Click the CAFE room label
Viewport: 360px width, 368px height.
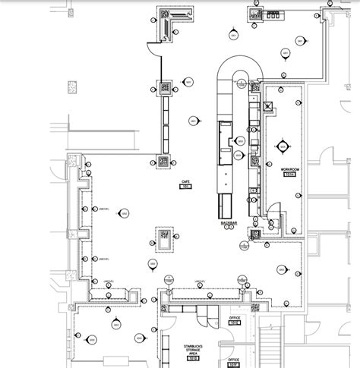(x=185, y=181)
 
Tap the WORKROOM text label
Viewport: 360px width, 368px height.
(x=288, y=169)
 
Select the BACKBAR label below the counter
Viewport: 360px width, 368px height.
(x=230, y=223)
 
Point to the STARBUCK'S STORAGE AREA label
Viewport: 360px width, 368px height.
(x=194, y=349)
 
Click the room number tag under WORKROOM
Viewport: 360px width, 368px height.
(x=289, y=175)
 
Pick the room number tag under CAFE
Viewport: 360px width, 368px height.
(x=185, y=187)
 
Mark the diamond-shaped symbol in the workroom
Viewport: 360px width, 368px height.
(x=285, y=146)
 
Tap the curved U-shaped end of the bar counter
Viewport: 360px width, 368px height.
(x=240, y=67)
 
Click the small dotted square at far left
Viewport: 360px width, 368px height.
(x=72, y=88)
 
